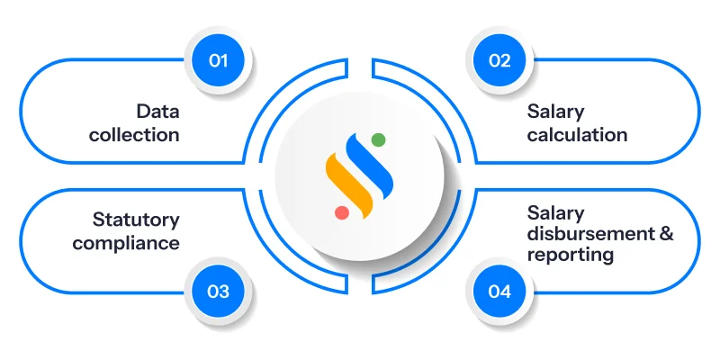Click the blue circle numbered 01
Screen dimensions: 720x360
[218, 61]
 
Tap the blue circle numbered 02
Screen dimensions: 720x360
[499, 61]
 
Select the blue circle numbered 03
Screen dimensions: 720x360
[218, 292]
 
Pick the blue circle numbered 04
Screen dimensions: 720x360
[499, 292]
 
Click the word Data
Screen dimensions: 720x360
[157, 112]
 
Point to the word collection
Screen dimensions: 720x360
[134, 135]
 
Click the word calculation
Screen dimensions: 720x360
[577, 135]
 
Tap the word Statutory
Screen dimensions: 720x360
[136, 220]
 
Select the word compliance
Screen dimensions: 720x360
[126, 243]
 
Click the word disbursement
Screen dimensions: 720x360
[589, 234]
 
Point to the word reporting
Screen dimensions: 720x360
[570, 255]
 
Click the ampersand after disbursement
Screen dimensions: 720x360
[664, 234]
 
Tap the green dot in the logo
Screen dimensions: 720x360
[378, 139]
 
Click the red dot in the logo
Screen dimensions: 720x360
[342, 212]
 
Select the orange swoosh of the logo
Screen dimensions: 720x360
[349, 185]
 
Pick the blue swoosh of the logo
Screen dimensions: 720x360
[370, 164]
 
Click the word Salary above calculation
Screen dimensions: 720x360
[555, 112]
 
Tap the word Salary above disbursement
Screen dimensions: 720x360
[555, 213]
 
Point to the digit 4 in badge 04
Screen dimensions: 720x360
[505, 292]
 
